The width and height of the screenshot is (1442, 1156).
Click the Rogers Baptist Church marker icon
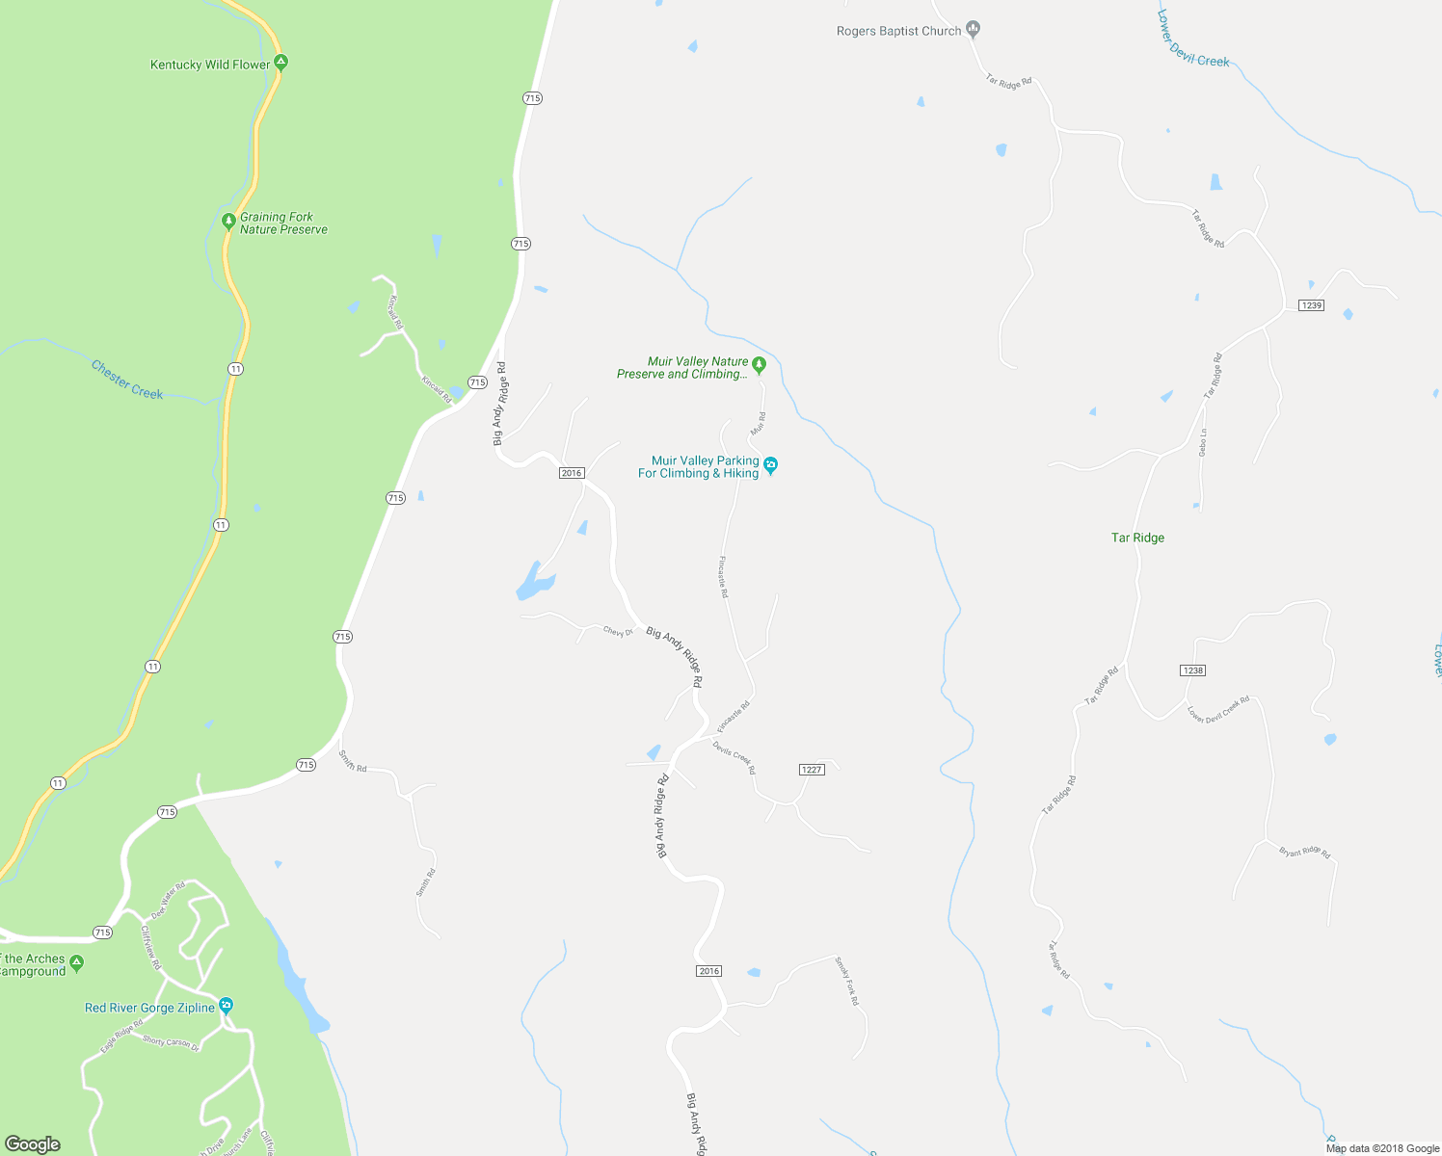[973, 29]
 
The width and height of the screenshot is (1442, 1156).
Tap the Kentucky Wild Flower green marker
[280, 63]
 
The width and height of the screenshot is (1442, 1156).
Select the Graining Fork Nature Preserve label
[283, 223]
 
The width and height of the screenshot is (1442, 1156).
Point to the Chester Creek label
[127, 380]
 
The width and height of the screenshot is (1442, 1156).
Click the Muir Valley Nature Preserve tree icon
[759, 364]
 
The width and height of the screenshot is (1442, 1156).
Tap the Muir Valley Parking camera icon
[770, 466]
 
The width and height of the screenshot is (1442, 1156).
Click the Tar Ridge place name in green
[1137, 538]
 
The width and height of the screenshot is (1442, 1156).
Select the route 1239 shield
[1311, 305]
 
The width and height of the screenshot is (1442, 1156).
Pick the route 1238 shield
[1192, 670]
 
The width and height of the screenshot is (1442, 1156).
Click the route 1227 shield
[812, 770]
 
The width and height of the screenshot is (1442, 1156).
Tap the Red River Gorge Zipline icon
[226, 1006]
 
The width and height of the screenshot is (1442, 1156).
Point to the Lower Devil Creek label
[1193, 39]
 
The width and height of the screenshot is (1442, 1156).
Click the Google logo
[32, 1144]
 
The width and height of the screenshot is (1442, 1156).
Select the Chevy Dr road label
[618, 632]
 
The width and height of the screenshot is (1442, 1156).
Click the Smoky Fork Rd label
[846, 981]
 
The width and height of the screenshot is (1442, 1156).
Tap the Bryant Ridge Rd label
[1304, 853]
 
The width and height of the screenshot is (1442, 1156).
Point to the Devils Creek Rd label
[734, 757]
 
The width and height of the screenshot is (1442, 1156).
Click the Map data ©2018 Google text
[1382, 1148]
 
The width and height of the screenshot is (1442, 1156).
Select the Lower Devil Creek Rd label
[1218, 709]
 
